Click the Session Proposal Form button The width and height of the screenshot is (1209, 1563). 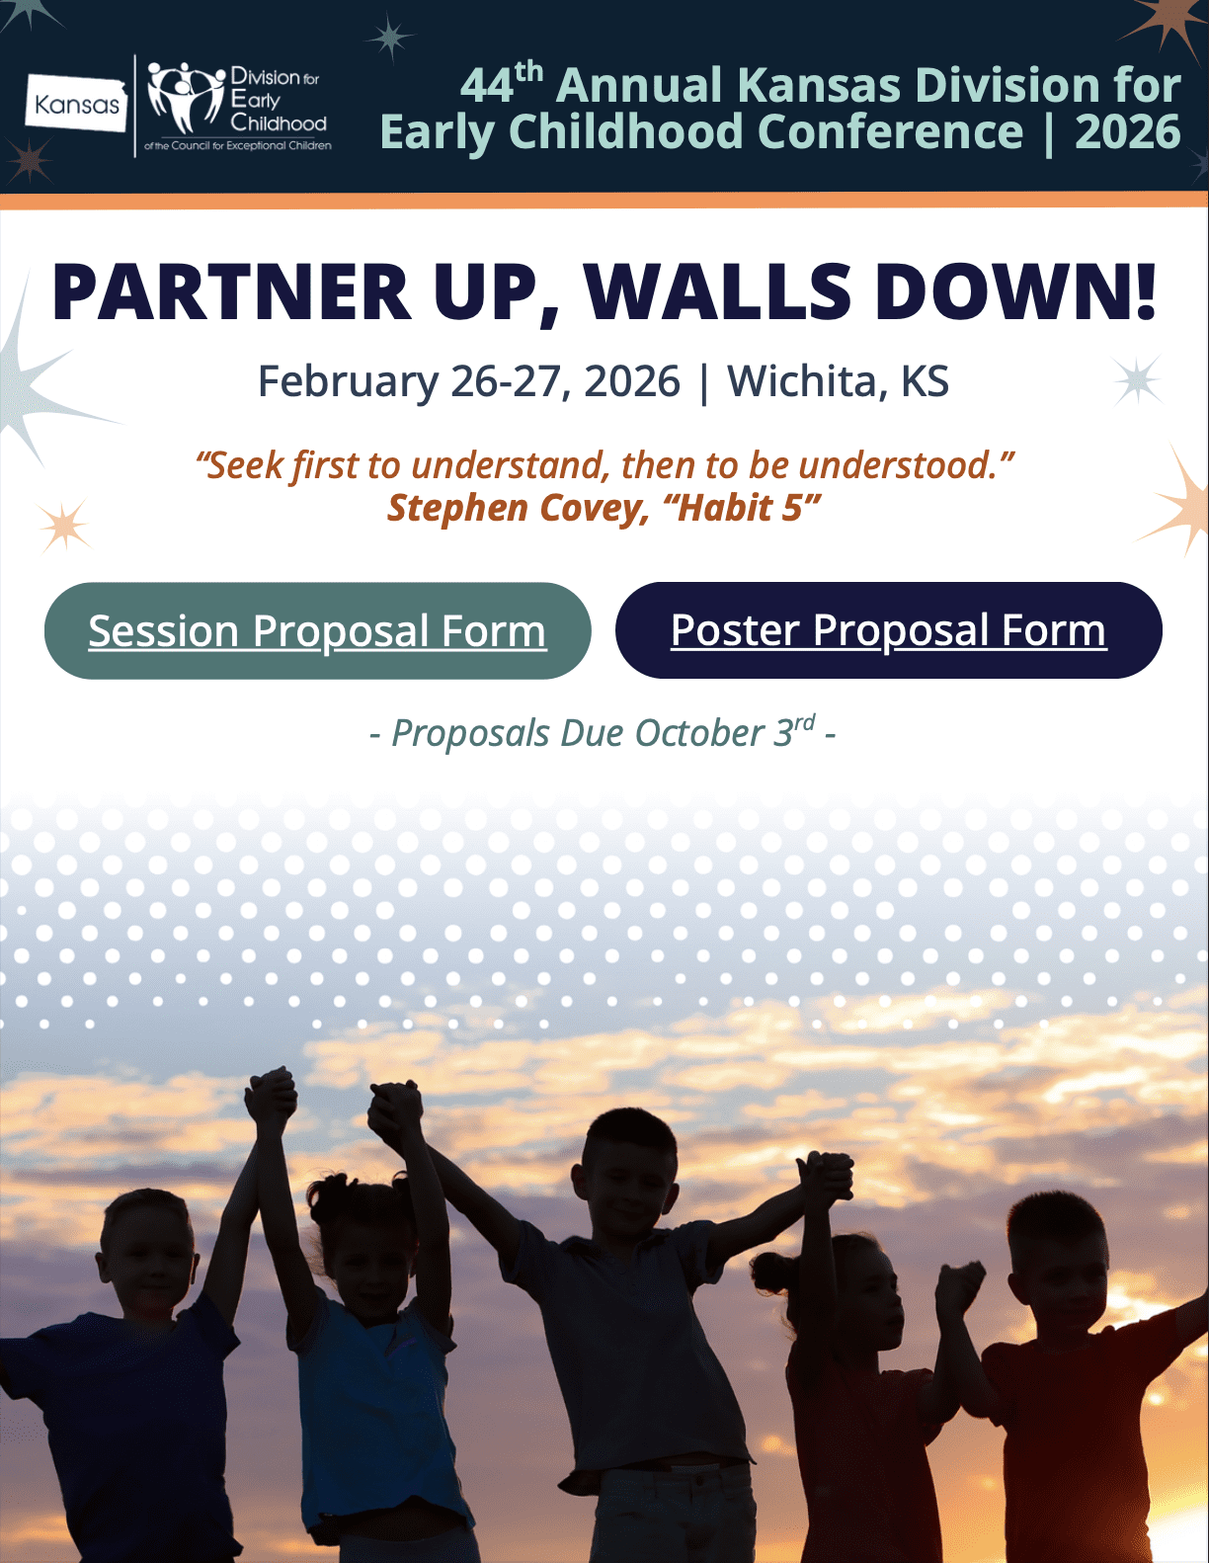(x=317, y=630)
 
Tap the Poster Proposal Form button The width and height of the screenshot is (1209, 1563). (x=888, y=630)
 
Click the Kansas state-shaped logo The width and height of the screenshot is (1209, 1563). (x=77, y=104)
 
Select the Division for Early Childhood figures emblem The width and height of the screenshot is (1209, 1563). (x=186, y=97)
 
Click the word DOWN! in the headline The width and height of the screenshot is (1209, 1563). (x=1015, y=292)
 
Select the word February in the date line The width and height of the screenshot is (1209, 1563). (x=348, y=382)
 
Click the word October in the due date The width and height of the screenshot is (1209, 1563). (x=698, y=734)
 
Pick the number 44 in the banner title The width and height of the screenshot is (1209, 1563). (x=487, y=86)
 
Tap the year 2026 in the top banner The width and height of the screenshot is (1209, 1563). (x=1128, y=131)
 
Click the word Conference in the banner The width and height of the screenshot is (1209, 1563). (x=890, y=131)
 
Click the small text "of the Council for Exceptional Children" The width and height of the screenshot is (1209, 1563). (x=238, y=146)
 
